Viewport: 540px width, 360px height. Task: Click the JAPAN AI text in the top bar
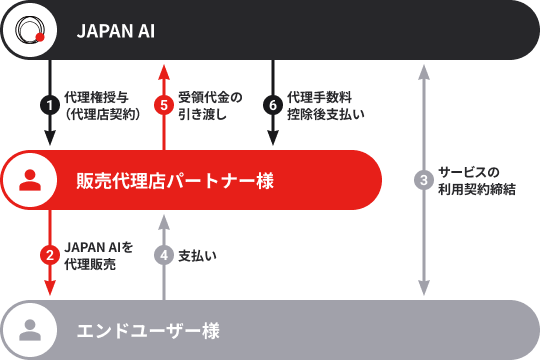(116, 31)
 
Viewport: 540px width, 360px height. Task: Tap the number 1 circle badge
(49, 105)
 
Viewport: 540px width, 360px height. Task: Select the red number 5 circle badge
(164, 105)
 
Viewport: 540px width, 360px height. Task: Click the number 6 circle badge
(272, 105)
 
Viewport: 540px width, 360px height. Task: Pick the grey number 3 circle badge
(424, 181)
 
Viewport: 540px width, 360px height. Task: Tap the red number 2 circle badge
(49, 254)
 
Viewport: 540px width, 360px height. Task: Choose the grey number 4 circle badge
(164, 254)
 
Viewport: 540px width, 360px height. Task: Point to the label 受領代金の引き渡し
(210, 105)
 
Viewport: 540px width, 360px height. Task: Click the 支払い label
(197, 255)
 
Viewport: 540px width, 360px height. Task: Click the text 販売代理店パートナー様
(174, 181)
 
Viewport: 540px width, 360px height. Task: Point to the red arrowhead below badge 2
(49, 289)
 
